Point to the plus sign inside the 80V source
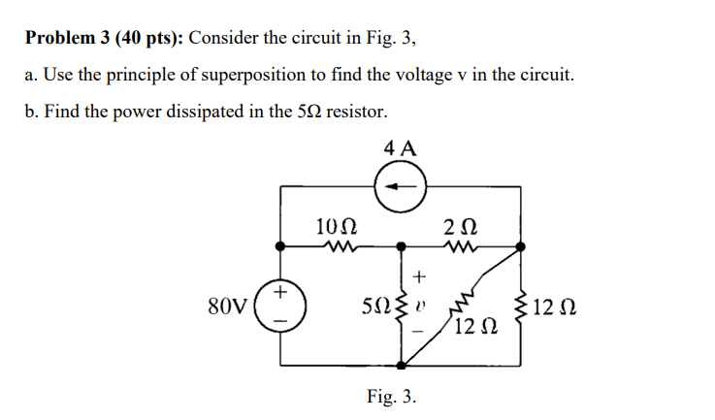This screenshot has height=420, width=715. pos(280,291)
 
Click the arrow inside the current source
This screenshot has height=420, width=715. pos(400,185)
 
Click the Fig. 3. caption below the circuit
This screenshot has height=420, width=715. pos(392,396)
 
